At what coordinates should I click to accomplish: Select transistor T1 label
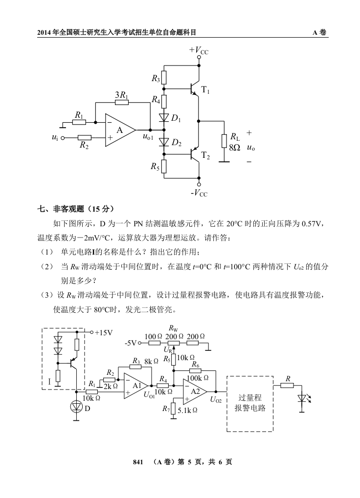(206, 91)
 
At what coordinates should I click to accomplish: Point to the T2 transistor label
(206, 156)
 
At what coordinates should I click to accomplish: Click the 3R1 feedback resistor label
(121, 95)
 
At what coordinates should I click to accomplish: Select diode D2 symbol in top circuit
(164, 143)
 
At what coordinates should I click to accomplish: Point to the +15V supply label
(104, 333)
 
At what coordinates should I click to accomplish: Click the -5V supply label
(131, 344)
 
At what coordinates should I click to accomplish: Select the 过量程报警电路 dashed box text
(249, 403)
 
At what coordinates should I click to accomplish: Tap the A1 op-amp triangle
(135, 386)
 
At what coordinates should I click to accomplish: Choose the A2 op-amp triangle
(194, 391)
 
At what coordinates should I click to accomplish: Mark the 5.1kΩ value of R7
(187, 411)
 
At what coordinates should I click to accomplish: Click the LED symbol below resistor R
(302, 399)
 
